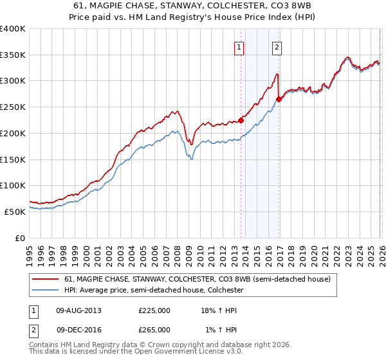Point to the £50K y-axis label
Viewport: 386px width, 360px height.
(x=15, y=212)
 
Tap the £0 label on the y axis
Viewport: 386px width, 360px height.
(x=21, y=238)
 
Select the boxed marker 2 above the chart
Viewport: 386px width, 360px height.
(x=277, y=46)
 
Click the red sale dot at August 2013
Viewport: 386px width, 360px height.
(x=241, y=120)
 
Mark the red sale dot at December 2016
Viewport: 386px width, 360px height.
(x=279, y=99)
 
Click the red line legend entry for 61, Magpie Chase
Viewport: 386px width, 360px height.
(x=197, y=279)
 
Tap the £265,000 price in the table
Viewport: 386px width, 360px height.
(x=154, y=329)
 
